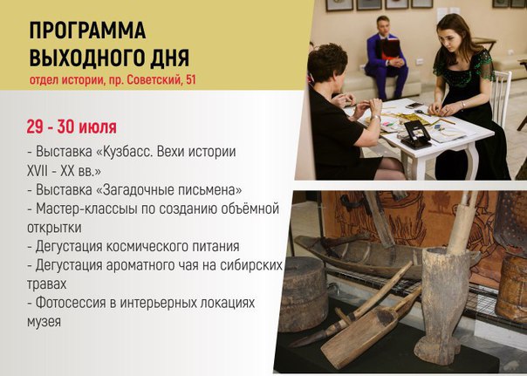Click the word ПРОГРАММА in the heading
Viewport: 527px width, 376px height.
(87, 31)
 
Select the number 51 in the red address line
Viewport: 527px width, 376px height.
(190, 80)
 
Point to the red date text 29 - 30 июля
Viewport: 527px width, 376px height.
(72, 127)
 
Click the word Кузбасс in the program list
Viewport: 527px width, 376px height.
(125, 151)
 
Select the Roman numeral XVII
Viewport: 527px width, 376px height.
(37, 171)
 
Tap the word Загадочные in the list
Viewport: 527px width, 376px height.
(132, 190)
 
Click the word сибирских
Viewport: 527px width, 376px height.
(251, 265)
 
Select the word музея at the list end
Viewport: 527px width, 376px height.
(44, 322)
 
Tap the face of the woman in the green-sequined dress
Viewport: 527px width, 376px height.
(449, 37)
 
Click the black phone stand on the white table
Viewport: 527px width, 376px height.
(416, 134)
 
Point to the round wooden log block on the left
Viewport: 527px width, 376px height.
(303, 294)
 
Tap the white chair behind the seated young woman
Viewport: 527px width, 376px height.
(502, 98)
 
